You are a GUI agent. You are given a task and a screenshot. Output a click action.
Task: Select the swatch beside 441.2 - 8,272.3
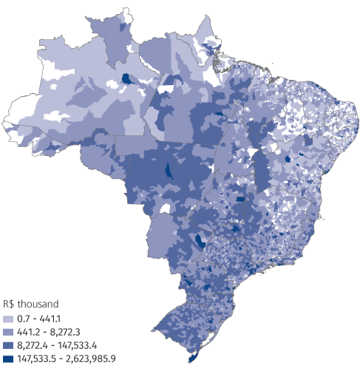pos(9,330)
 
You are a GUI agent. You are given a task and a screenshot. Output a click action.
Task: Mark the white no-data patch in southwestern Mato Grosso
pos(157,209)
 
